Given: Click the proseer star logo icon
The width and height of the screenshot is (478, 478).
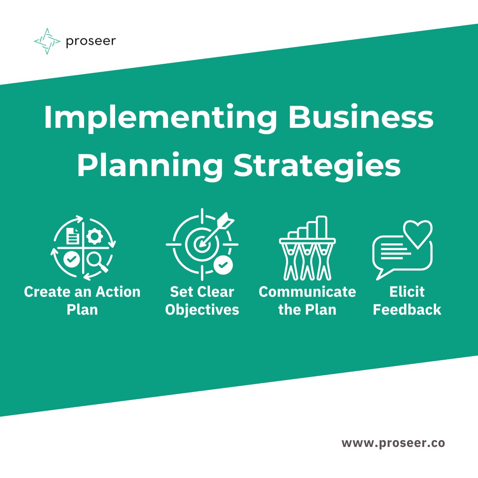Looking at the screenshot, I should tap(47, 41).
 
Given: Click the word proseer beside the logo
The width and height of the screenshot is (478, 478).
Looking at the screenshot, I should tap(91, 41).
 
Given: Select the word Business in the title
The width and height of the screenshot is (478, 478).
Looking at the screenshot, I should tap(361, 118).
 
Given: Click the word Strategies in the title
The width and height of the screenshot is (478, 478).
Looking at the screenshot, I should tap(317, 166).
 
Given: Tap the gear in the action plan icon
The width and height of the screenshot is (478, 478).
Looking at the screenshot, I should tap(94, 236).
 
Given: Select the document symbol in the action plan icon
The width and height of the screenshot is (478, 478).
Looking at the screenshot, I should tap(72, 236).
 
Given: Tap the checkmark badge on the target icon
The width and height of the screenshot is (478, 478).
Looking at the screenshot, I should tap(223, 264).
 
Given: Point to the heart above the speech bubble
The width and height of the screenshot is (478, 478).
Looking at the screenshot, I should tap(417, 233).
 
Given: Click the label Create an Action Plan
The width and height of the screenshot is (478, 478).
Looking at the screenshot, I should tap(82, 300).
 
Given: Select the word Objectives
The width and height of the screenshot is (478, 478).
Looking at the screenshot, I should tap(202, 310).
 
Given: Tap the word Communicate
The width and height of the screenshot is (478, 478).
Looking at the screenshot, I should tap(307, 292).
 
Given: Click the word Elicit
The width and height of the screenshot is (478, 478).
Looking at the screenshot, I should tap(407, 292).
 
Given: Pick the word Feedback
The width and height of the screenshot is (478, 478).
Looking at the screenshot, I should tap(407, 310).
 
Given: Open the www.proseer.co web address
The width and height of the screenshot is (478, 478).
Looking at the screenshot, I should tap(393, 443).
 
